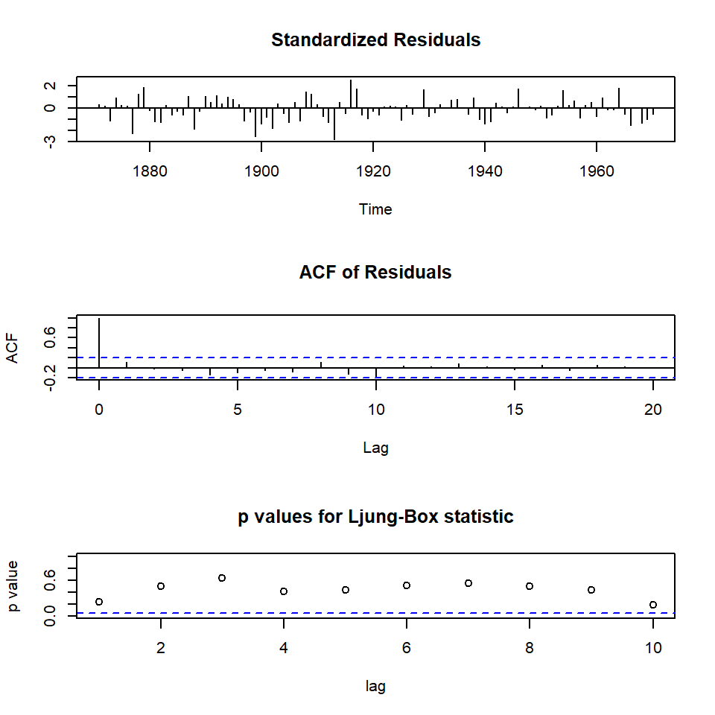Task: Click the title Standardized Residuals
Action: click(375, 40)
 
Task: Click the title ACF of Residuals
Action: click(375, 273)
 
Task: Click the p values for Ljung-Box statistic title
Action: click(375, 517)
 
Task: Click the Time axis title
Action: click(375, 209)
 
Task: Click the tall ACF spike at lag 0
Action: click(99, 343)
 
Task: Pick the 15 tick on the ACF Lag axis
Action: click(515, 407)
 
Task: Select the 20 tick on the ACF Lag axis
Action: click(653, 407)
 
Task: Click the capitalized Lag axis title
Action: click(375, 448)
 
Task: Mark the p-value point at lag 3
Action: click(222, 578)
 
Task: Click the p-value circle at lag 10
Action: click(653, 605)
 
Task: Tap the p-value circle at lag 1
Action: click(99, 602)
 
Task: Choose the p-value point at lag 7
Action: click(468, 583)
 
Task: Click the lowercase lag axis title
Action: click(375, 686)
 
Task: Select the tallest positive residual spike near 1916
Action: click(351, 94)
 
